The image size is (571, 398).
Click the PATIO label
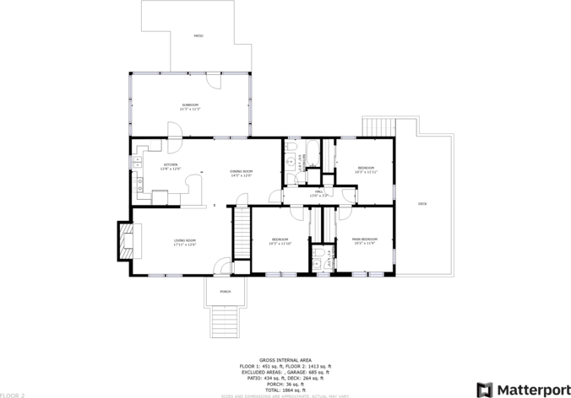198,36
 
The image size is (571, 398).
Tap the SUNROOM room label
190,106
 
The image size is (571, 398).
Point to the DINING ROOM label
242,173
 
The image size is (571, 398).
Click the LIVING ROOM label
185,243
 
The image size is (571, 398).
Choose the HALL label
319,193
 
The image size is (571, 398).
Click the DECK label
422,204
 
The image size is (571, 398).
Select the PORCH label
226,291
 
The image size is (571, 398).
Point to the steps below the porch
226,320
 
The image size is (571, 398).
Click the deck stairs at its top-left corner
378,127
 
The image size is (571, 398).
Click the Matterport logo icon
486,389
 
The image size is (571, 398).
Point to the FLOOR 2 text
13,394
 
